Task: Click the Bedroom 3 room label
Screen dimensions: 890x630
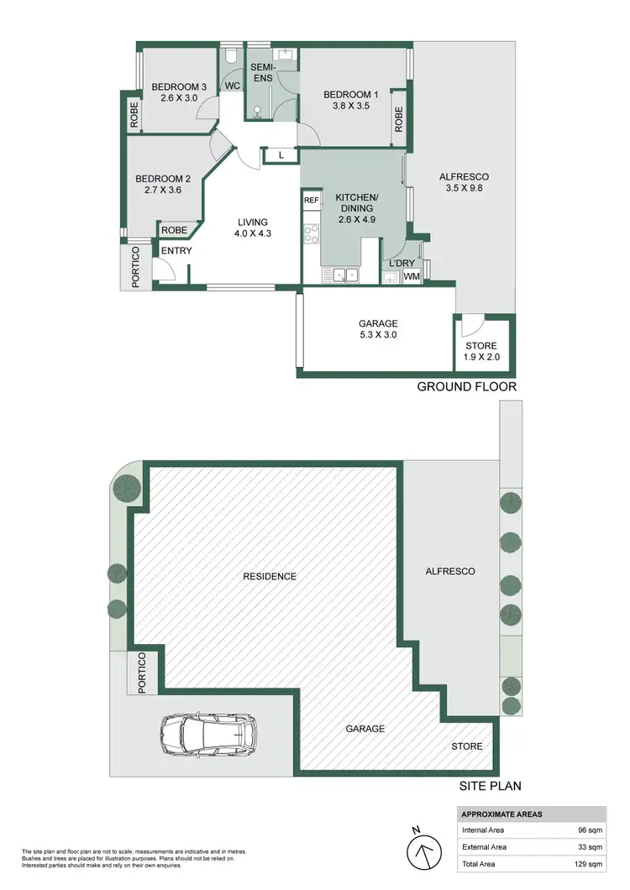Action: [x=178, y=92]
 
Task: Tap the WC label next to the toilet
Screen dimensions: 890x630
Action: [x=232, y=85]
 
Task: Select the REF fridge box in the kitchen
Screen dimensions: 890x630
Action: [x=311, y=201]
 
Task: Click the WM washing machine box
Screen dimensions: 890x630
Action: [x=412, y=275]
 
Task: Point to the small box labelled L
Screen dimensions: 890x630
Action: [x=281, y=155]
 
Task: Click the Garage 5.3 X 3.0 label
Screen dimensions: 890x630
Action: [x=377, y=329]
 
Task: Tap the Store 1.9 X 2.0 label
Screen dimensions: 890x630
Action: [x=481, y=351]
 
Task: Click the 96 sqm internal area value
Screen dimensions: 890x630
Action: [x=586, y=830]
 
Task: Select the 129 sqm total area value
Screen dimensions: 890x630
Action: [x=584, y=864]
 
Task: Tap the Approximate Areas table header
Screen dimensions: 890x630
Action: [x=501, y=814]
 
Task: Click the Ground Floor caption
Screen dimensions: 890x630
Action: [x=467, y=386]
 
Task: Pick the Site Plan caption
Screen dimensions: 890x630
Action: [x=490, y=787]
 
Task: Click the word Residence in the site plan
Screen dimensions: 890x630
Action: [x=270, y=576]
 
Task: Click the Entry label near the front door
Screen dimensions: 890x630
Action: [x=176, y=251]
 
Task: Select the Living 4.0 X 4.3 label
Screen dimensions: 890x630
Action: [x=252, y=228]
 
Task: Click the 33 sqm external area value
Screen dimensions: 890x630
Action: [x=586, y=847]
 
